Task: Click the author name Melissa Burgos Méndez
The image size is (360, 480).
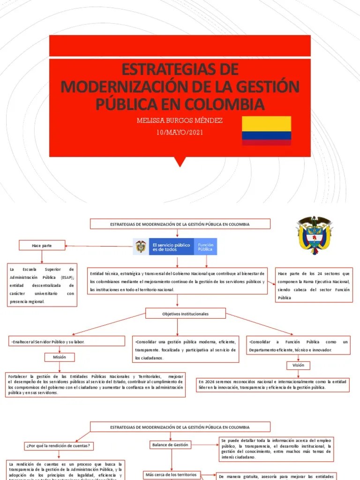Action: [180, 120]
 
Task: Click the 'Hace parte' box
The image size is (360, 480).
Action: [42, 245]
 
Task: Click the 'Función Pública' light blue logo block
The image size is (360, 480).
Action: [205, 247]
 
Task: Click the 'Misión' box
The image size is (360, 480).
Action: [60, 357]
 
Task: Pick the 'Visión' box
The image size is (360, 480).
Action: [299, 365]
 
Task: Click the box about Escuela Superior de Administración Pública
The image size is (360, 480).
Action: [42, 285]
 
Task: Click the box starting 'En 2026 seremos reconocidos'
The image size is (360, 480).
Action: [273, 385]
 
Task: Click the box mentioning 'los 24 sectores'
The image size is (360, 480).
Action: [314, 285]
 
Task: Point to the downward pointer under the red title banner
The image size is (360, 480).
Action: [180, 162]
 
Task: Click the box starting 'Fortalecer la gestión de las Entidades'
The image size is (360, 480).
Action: [95, 384]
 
